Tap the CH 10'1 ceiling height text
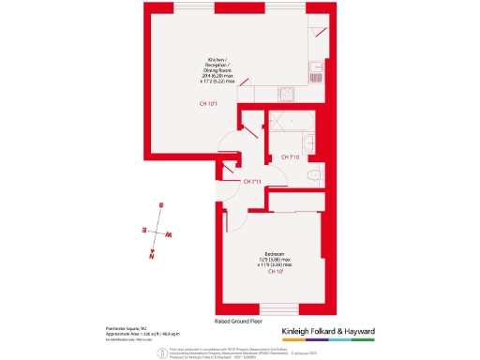click(x=208, y=103)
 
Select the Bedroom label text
click(x=276, y=254)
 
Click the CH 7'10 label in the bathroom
click(x=290, y=157)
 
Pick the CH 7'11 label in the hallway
click(x=252, y=181)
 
